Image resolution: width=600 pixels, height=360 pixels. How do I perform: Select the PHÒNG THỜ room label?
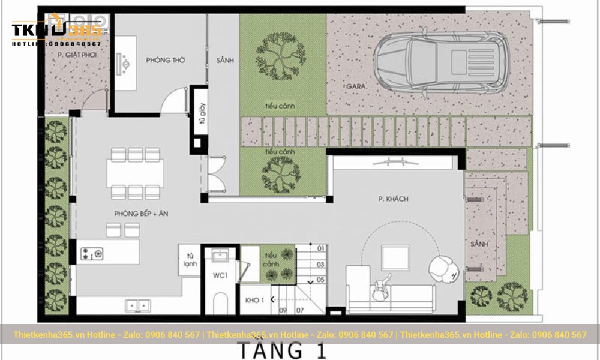pos(165,61)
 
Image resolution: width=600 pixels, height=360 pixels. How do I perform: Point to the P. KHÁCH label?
pos(389,199)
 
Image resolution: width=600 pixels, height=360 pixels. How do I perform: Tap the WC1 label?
pos(220,275)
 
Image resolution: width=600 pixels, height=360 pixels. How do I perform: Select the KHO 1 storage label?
pos(255,300)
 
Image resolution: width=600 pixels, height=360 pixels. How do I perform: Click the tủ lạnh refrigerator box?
pos(190,259)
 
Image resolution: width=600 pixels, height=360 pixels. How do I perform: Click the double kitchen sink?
pos(138,306)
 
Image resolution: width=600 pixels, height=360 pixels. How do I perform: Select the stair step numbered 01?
pos(320,248)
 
